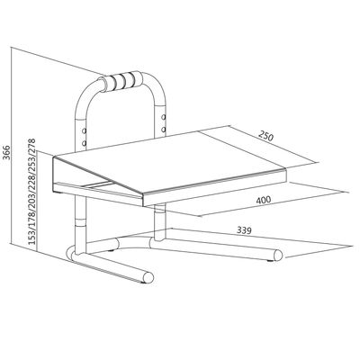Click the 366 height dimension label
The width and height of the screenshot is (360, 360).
point(7,153)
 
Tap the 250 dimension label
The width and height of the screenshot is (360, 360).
point(265,137)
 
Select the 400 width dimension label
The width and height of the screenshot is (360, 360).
point(264,200)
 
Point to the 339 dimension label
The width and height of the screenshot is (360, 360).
point(244,230)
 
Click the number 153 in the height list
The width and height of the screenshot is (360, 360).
point(32,236)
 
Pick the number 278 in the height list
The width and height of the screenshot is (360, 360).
point(32,146)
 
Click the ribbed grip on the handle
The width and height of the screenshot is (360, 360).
point(123,80)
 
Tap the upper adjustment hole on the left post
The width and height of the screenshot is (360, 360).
point(84,130)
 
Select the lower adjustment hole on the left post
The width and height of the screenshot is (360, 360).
point(84,143)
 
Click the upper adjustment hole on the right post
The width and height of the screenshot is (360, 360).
point(164,117)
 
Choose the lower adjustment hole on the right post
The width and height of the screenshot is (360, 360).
point(164,130)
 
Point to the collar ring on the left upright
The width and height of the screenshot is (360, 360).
point(80,222)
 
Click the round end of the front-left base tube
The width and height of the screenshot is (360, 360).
point(148,277)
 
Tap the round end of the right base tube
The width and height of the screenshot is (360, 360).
point(278,256)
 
